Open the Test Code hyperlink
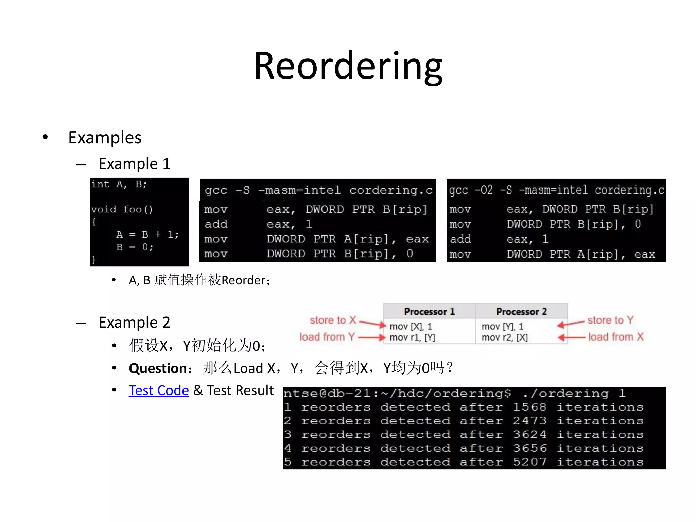(159, 390)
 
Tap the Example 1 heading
(134, 164)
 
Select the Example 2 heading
(134, 323)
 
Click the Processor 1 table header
(429, 312)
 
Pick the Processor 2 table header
(521, 312)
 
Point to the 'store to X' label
(333, 320)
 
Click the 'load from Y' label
(327, 337)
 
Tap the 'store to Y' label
(610, 320)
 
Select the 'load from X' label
(616, 337)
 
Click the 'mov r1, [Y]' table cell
(412, 337)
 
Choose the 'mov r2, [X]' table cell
(505, 337)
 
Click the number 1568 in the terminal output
(529, 407)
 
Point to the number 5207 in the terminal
(529, 462)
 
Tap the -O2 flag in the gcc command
(483, 190)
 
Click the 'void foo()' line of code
(122, 209)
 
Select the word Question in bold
(158, 368)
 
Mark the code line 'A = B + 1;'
(147, 234)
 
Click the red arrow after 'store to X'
(373, 324)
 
